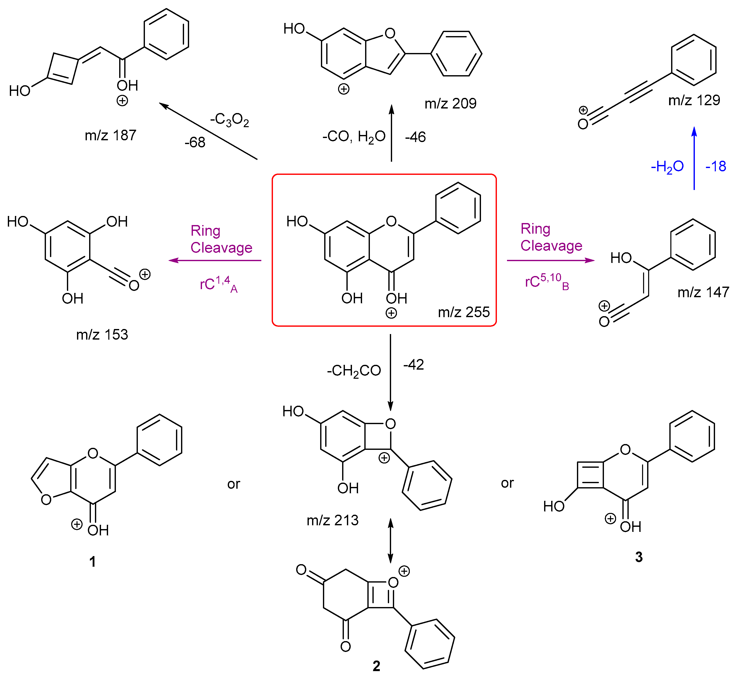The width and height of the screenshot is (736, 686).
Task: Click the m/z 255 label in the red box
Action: (464, 312)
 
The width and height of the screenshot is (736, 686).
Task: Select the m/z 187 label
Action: (110, 135)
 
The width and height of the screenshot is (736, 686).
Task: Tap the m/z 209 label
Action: (450, 104)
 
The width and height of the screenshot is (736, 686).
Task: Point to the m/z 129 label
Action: (694, 100)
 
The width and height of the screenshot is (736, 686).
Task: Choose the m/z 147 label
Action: (703, 292)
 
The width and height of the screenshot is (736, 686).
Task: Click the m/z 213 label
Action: (333, 520)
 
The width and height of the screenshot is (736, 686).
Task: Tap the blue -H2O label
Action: (667, 167)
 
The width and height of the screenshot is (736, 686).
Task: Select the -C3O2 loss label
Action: (230, 120)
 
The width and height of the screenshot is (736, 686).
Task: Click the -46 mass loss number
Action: (415, 137)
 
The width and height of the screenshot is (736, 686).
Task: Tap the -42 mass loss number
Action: (414, 365)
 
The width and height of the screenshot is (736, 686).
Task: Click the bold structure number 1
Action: (93, 562)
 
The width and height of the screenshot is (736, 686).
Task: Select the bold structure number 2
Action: (376, 666)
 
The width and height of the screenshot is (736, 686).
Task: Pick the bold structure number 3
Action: (639, 557)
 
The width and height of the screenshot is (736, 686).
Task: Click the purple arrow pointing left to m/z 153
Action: (215, 260)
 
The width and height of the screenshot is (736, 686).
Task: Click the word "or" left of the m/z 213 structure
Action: (234, 484)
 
